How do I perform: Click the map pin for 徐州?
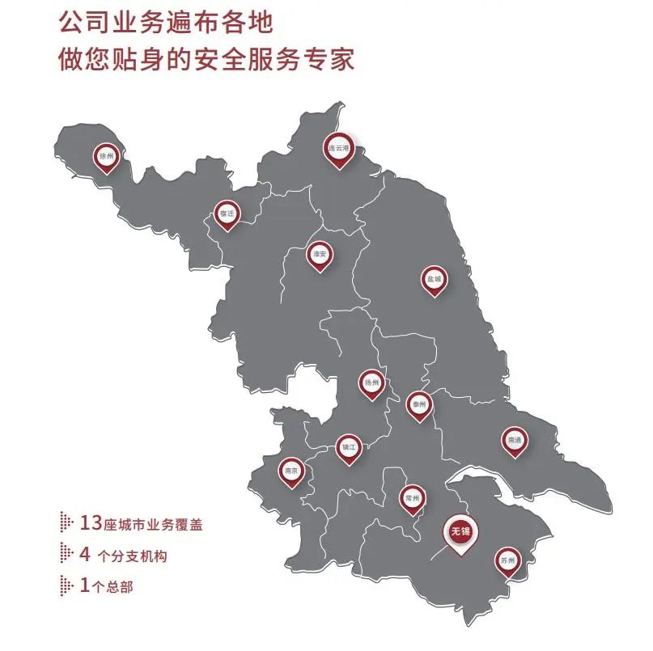pos(106,156)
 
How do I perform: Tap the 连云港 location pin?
pos(339,149)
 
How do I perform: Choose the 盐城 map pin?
pos(435,280)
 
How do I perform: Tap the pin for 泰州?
pos(418,404)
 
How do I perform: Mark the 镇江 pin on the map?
pos(349,446)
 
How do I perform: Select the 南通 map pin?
pos(513,440)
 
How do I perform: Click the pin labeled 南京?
pos(292,471)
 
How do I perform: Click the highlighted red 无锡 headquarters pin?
pos(461,532)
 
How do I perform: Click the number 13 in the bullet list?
pos(91,523)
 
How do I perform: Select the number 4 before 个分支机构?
pos(84,555)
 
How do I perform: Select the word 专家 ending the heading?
pos(334,60)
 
